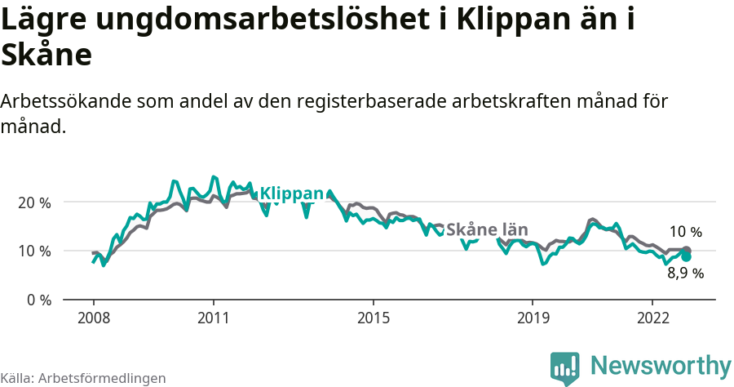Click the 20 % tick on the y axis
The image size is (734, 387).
point(33,202)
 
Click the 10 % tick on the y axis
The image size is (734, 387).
point(33,251)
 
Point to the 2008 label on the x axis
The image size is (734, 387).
point(94,317)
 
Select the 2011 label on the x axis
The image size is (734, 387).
point(213,317)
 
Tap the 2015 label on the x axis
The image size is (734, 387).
point(373,317)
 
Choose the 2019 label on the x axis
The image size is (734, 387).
point(532,317)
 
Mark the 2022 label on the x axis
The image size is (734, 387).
point(652,317)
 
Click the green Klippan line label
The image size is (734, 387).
point(291,193)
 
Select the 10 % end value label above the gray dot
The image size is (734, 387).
point(685,232)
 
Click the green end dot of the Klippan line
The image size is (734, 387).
point(686,256)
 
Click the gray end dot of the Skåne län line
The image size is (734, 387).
point(686,250)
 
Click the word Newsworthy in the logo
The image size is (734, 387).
point(661,365)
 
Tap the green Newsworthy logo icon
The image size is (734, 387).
point(565,368)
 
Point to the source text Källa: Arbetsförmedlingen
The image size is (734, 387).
point(83,378)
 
